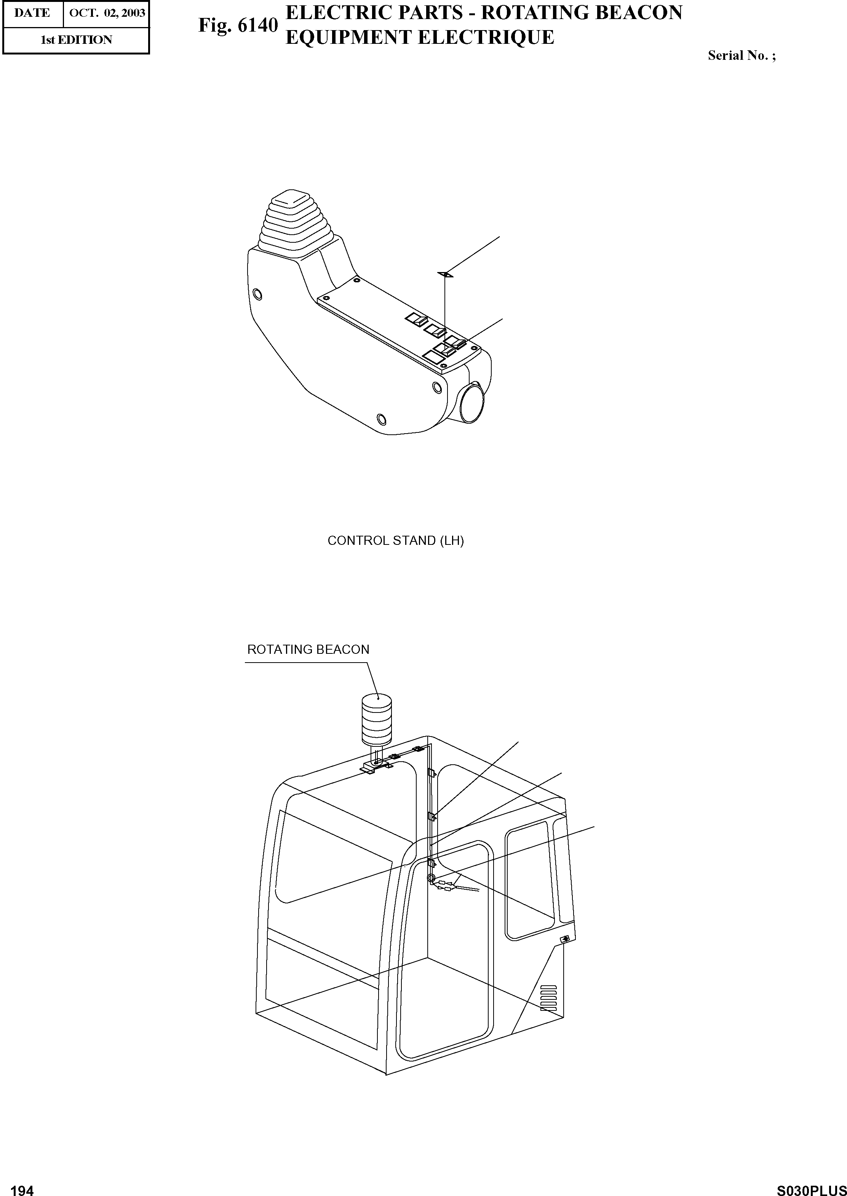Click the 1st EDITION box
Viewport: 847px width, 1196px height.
76,40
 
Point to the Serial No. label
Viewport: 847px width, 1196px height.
741,56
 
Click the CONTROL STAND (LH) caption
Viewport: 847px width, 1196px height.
395,541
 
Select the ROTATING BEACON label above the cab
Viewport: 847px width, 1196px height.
308,650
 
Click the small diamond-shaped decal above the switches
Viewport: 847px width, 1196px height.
445,274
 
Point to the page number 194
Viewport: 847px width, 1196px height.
22,1186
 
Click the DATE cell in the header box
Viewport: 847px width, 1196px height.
32,13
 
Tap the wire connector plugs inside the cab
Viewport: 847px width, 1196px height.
445,885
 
